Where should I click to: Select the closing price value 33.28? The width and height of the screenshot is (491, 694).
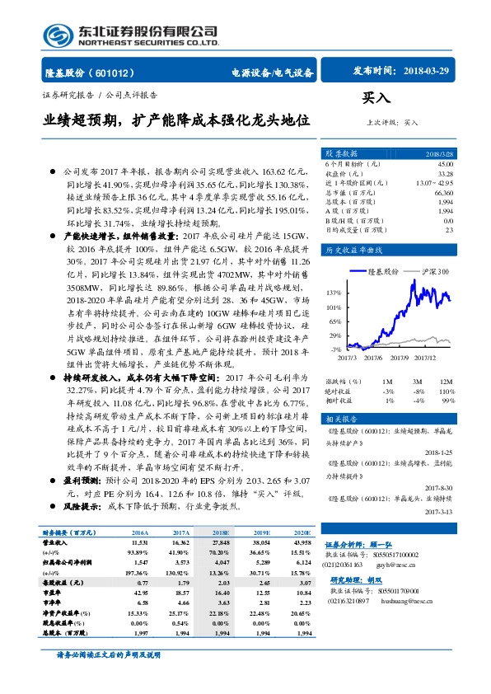tap(445, 173)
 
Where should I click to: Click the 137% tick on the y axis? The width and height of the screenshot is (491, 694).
tap(334, 293)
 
